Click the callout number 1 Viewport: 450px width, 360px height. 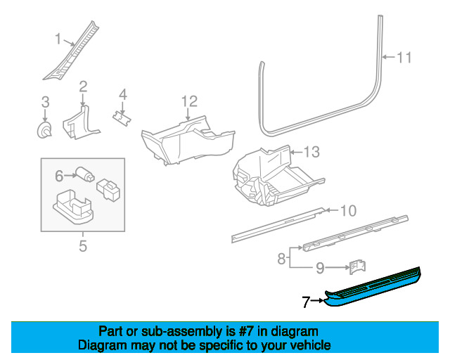[x=58, y=39]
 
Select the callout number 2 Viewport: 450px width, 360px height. [x=83, y=86]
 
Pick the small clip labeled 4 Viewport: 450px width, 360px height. [x=122, y=117]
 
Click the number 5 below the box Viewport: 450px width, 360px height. [x=83, y=246]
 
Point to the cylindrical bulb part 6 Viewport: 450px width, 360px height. [x=84, y=174]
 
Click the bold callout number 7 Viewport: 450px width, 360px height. [x=306, y=302]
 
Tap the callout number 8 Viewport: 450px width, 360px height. [x=281, y=259]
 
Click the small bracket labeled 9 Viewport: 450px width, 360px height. [x=357, y=269]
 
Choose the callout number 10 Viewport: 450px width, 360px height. [x=349, y=211]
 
